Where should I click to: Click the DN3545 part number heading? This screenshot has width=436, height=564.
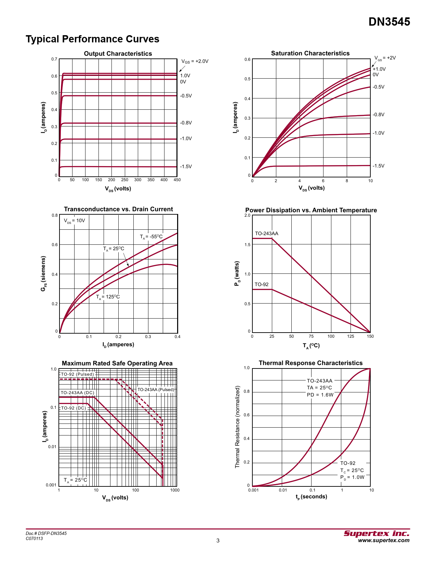(389, 22)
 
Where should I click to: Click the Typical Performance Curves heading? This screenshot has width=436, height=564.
(92, 39)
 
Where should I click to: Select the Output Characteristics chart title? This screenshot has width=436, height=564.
(118, 54)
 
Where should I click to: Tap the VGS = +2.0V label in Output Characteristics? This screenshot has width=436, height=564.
(195, 62)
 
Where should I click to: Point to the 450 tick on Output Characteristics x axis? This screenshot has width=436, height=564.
(177, 180)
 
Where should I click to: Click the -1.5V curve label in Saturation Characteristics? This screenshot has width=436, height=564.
(378, 166)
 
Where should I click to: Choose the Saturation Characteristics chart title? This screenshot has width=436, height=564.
(310, 53)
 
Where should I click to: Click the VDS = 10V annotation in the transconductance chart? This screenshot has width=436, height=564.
(74, 221)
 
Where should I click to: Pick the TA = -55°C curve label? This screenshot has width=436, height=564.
(151, 237)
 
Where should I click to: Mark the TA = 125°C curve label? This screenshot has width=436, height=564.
(108, 297)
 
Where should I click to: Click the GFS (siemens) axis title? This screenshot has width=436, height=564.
(43, 273)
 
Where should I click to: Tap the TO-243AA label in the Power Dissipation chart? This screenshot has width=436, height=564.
(266, 233)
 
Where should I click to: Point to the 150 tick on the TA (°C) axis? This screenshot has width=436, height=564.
(370, 336)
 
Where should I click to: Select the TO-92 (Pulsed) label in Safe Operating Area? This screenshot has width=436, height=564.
(77, 374)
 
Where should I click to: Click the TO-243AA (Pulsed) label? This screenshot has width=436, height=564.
(156, 390)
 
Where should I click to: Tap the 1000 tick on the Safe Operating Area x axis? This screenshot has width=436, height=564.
(175, 490)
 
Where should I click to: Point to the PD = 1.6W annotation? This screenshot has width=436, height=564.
(320, 395)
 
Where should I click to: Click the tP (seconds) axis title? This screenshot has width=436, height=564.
(311, 497)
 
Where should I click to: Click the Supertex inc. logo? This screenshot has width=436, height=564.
(376, 534)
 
